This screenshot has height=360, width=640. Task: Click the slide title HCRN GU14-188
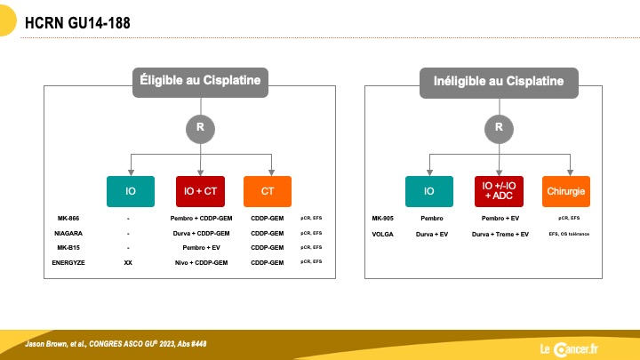tap(77, 23)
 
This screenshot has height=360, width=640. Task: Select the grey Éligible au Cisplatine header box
tap(200, 83)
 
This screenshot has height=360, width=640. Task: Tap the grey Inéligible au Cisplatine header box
tap(499, 83)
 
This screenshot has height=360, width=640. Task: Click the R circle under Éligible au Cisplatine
tap(200, 129)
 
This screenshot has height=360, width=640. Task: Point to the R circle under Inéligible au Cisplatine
tap(499, 129)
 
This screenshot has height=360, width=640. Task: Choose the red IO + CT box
tap(200, 191)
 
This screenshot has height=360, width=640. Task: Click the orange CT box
tap(268, 191)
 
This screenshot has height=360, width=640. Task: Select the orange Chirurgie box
tap(566, 191)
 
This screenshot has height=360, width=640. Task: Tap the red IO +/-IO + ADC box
tap(499, 191)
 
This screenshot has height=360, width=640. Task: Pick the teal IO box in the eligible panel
tap(131, 191)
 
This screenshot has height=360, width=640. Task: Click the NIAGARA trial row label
tap(68, 234)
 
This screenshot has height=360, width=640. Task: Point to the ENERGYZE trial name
tap(68, 263)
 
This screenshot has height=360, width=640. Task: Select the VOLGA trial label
tap(382, 235)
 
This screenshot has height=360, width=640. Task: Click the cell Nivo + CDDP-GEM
tap(201, 263)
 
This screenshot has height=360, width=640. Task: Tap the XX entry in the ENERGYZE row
tap(128, 263)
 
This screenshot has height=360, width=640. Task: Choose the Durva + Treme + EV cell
tap(500, 235)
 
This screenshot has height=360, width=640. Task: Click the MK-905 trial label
tap(382, 219)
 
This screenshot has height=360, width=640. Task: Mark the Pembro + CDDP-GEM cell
tap(201, 219)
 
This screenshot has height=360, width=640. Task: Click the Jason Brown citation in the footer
tap(116, 344)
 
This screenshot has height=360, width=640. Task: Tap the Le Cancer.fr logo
tap(569, 349)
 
